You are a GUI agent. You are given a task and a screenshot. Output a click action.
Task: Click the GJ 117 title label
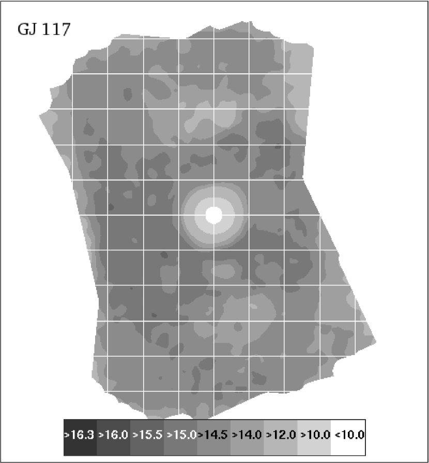pos(44,29)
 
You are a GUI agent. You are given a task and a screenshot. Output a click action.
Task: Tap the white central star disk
pos(213,215)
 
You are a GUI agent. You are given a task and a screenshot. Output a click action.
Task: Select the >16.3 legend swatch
pos(80,435)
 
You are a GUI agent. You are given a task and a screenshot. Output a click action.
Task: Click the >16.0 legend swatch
pos(114,435)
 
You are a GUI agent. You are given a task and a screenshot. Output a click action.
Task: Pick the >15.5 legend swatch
pos(147,435)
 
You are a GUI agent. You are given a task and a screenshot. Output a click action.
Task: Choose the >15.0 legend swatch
pos(181,435)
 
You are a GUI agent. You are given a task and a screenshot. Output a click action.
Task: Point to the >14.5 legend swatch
pos(214,435)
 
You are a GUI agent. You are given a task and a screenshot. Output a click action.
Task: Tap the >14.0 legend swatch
pos(248,435)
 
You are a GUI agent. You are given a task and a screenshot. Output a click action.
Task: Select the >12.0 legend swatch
pos(281,435)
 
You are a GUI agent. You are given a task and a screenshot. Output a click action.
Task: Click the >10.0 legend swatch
pos(315,435)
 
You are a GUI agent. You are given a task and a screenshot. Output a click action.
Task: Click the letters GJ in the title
pos(26,29)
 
